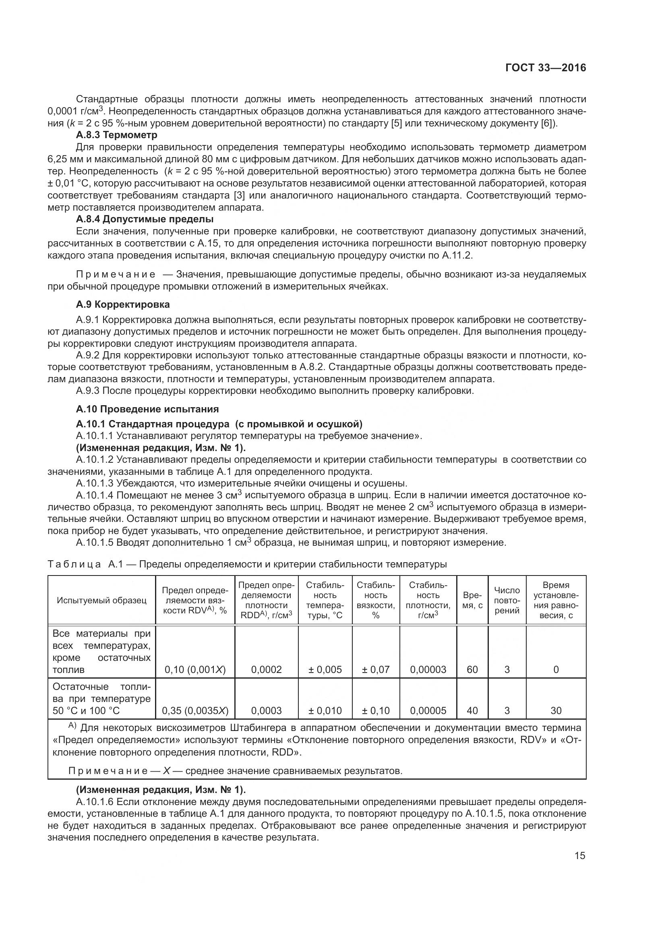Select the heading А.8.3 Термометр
point(116,135)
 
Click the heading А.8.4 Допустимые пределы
point(145,219)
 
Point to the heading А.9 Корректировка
point(123,304)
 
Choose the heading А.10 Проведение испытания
point(147,409)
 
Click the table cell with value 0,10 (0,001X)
point(195,670)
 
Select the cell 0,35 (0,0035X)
point(195,710)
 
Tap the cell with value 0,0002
point(266,670)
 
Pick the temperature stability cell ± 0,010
point(325,710)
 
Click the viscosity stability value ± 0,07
point(376,670)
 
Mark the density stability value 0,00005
point(428,710)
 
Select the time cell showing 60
point(472,670)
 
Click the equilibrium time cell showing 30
point(556,710)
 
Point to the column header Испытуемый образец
point(101,600)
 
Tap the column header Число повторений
point(507,600)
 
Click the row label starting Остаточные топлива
point(101,699)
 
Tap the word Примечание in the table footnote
point(108,771)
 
